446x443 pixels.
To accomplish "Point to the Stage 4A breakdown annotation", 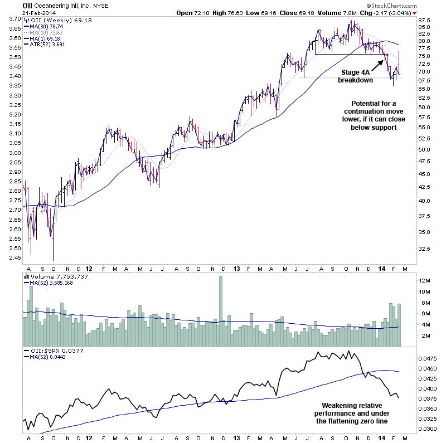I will tap(357, 76).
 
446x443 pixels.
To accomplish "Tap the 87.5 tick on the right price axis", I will tap(426, 20).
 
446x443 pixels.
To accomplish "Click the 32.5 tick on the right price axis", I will tap(426, 249).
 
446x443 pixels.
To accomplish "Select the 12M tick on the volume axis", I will tap(425, 280).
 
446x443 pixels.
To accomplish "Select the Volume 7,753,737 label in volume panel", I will tap(56, 276).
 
